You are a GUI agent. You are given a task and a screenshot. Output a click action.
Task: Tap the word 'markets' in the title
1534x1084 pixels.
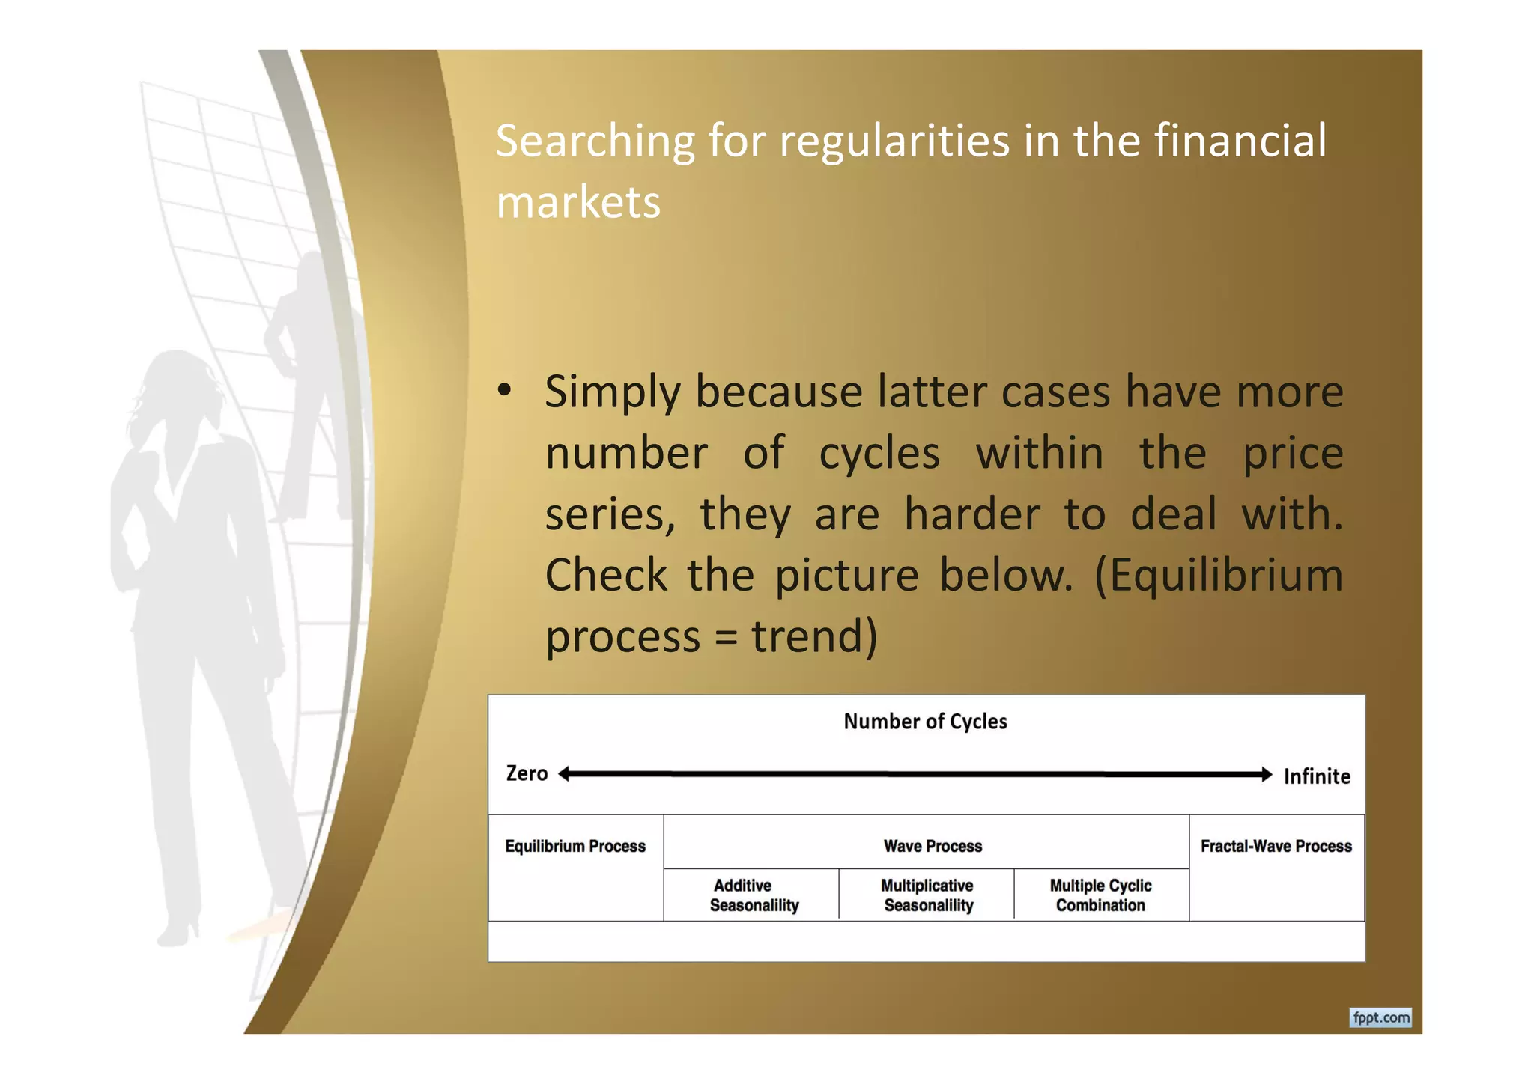pyautogui.click(x=578, y=202)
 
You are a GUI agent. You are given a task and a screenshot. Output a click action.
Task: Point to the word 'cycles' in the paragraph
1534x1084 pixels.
pyautogui.click(x=879, y=454)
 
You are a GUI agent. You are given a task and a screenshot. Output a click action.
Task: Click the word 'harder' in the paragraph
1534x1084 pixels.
pyautogui.click(x=971, y=514)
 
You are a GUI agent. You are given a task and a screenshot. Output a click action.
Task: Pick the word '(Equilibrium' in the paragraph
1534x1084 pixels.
pyautogui.click(x=1219, y=576)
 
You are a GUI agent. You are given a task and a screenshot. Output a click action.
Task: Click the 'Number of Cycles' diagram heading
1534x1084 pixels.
pyautogui.click(x=925, y=722)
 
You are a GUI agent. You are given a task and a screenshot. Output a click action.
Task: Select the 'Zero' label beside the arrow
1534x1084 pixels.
pyautogui.click(x=527, y=773)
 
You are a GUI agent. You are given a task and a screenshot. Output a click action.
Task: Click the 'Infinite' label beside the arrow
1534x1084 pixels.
pyautogui.click(x=1317, y=776)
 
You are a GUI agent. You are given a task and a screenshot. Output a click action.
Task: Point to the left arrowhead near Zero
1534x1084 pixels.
pyautogui.click(x=565, y=774)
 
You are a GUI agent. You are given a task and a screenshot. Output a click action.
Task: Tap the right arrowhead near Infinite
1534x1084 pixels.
pyautogui.click(x=1266, y=775)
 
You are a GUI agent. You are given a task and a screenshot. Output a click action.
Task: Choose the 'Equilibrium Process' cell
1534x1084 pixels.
pyautogui.click(x=575, y=847)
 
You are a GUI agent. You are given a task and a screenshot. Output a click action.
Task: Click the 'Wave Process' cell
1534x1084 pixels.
pyautogui.click(x=933, y=847)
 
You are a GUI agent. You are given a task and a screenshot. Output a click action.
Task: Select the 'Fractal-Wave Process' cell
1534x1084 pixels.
pyautogui.click(x=1276, y=847)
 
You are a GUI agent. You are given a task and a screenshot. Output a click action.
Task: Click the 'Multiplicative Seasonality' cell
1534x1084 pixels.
pyautogui.click(x=927, y=895)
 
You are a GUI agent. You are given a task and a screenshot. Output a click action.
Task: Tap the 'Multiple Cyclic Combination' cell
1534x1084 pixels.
pyautogui.click(x=1100, y=895)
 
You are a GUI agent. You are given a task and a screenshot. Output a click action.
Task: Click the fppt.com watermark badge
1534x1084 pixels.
pyautogui.click(x=1380, y=1018)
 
